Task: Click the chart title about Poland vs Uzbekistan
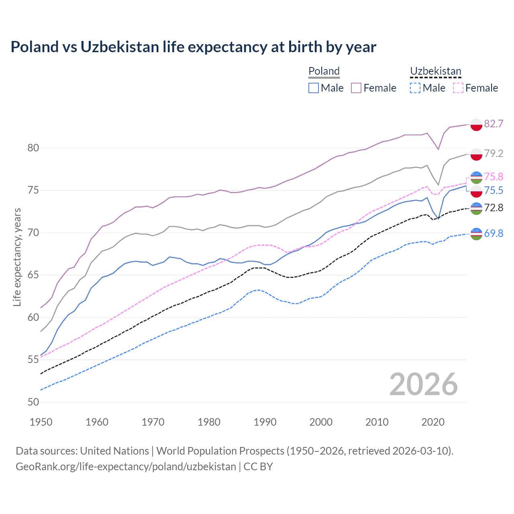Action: point(193,47)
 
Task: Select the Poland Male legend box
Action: point(314,88)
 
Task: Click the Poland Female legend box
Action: point(356,88)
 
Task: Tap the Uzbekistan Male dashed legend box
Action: point(415,88)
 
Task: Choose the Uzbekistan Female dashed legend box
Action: point(458,88)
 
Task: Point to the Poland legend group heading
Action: point(324,71)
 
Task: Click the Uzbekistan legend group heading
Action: point(435,71)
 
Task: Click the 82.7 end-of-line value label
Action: point(494,124)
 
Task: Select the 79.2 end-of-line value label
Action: point(494,153)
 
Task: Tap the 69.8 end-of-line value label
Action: point(494,233)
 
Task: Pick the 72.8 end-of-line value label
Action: point(494,208)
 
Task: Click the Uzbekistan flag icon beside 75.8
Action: point(476,177)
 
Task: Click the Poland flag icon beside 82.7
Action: point(476,124)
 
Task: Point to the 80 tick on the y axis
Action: point(33,148)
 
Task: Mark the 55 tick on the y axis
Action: point(33,359)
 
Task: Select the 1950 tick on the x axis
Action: point(41,422)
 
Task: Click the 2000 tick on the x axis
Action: point(321,422)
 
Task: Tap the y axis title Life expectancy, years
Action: point(17,257)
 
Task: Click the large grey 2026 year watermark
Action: point(424,384)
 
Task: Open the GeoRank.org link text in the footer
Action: point(126,467)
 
